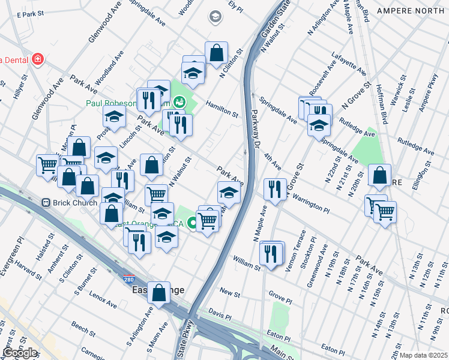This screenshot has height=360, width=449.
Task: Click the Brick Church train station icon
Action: point(46,203)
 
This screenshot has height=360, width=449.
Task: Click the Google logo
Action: point(19,353)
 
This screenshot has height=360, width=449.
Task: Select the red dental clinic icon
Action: point(38,59)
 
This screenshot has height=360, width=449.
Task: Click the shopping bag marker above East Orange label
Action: point(158,293)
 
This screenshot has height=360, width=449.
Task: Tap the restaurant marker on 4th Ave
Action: point(274,189)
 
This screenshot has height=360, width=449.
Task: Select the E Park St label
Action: point(31,13)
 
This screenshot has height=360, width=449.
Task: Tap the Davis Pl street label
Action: point(220,313)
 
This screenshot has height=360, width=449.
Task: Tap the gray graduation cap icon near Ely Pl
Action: point(214,17)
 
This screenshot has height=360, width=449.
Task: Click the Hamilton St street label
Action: point(222,109)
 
